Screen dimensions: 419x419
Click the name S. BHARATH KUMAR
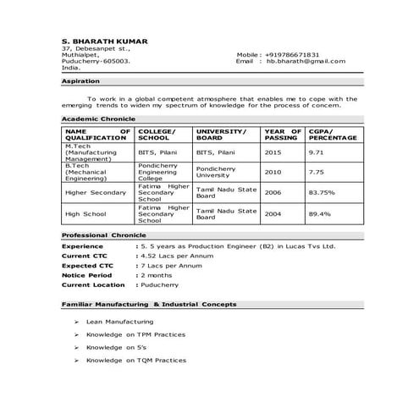click(x=105, y=42)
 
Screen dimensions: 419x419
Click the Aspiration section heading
click(x=81, y=81)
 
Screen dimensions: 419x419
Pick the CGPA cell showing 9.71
click(x=317, y=152)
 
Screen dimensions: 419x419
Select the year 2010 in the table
click(x=273, y=172)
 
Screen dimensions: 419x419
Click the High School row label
click(x=84, y=214)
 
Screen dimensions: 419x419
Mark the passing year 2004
click(x=273, y=214)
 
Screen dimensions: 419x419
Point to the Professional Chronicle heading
click(x=99, y=234)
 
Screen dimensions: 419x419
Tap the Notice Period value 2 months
click(x=158, y=275)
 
